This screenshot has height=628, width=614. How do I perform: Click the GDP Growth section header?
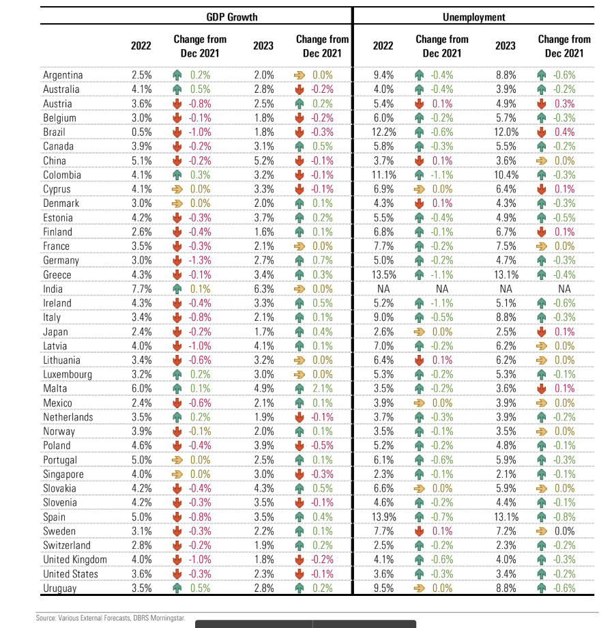[x=232, y=17]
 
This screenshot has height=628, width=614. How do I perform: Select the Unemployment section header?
[x=474, y=17]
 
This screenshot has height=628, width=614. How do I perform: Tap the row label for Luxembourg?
[x=68, y=375]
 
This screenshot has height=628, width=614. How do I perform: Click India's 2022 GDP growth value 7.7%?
[x=142, y=289]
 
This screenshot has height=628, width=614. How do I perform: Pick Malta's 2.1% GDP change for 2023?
[x=323, y=388]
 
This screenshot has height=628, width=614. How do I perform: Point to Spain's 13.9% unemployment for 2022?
[x=384, y=517]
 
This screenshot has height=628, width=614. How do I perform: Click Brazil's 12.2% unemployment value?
[x=384, y=132]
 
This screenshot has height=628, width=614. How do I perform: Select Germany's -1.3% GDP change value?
[x=200, y=260]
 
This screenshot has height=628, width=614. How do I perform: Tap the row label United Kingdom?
[x=75, y=560]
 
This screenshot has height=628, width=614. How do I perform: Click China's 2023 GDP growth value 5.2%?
[x=264, y=160]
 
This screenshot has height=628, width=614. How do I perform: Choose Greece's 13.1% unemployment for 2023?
[x=506, y=274]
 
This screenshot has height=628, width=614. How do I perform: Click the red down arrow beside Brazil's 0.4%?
[x=542, y=132]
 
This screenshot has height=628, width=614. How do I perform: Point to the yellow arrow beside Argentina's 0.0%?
[x=299, y=75]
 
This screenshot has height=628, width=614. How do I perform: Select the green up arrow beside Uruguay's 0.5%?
[x=177, y=588]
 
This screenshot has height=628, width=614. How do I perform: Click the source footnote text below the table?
[x=111, y=618]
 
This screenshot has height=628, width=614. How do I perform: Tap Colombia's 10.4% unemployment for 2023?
[x=506, y=175]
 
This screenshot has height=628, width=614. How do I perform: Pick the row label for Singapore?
[x=63, y=474]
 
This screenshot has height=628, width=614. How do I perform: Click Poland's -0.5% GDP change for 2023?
[x=322, y=445]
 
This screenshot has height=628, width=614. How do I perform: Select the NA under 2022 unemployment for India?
[x=383, y=289]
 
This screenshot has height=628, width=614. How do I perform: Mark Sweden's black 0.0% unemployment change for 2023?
[x=564, y=531]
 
